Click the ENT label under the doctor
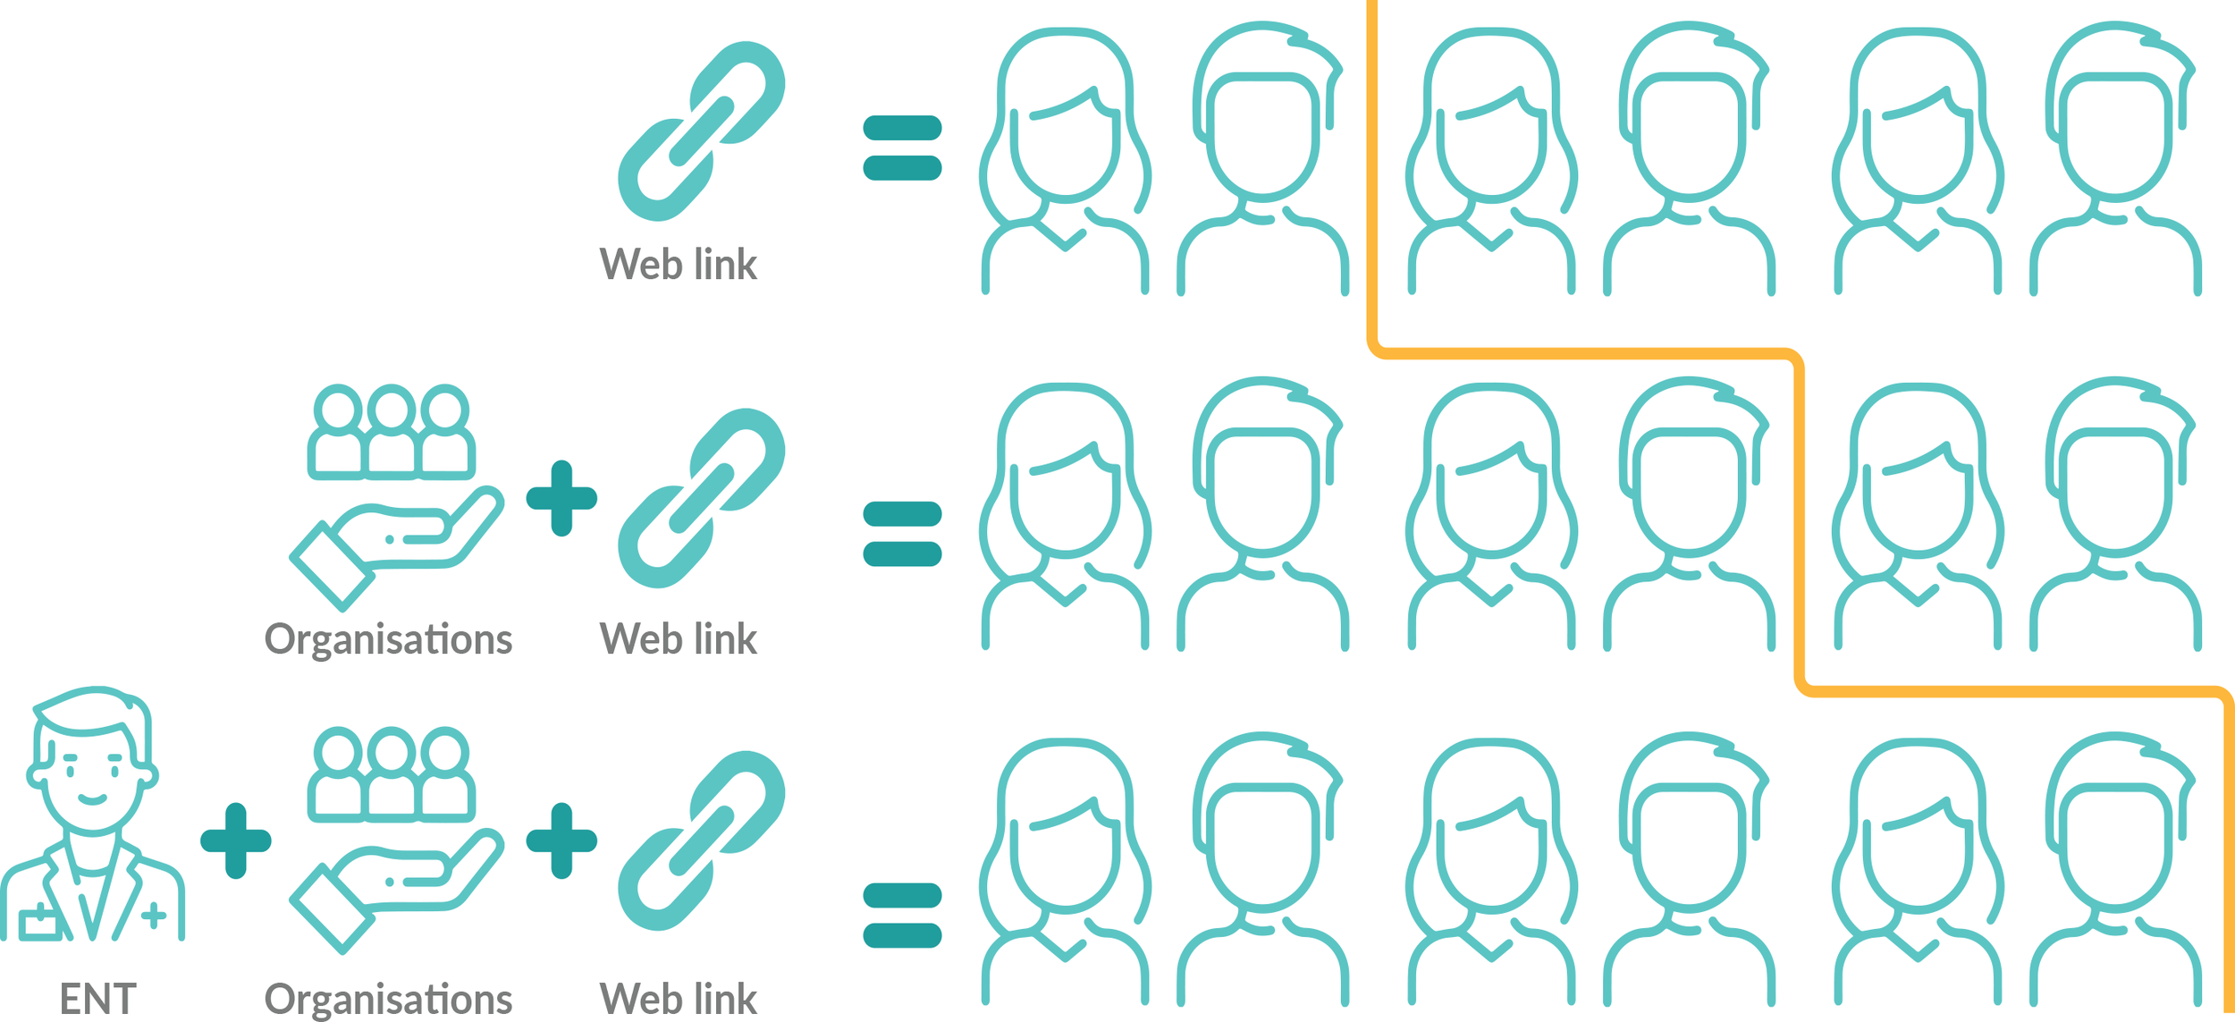click(x=97, y=1000)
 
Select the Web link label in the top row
click(x=678, y=265)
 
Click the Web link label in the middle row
click(x=678, y=639)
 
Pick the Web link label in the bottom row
click(x=678, y=1000)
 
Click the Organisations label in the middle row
click(x=388, y=640)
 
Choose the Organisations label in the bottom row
click(x=388, y=1000)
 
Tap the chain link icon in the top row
click(x=701, y=131)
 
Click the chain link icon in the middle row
click(x=701, y=498)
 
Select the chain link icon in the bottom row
click(x=701, y=840)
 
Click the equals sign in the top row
click(x=902, y=148)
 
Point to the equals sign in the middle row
click(x=902, y=534)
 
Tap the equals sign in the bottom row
click(x=902, y=916)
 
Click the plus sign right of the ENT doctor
click(x=236, y=840)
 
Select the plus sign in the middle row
click(x=561, y=498)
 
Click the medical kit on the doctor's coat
click(x=40, y=923)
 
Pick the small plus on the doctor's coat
click(x=154, y=915)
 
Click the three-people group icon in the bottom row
click(x=391, y=774)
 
